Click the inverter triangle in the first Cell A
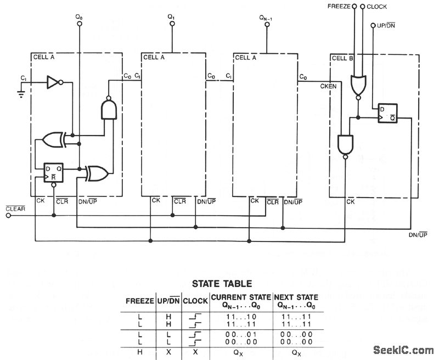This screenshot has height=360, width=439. point(54,82)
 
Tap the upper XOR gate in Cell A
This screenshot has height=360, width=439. point(55,140)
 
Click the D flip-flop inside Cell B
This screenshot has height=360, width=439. point(387,115)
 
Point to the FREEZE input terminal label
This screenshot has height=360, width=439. point(339,7)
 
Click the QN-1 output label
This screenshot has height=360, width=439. point(267,18)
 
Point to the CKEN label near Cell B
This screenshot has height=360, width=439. point(328,86)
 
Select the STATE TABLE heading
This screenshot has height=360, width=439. point(222,284)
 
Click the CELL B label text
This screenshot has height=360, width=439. point(344,58)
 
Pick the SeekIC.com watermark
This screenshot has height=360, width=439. point(403,350)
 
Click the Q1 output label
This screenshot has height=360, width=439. point(171,18)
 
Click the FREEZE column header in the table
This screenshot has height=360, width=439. point(139,301)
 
